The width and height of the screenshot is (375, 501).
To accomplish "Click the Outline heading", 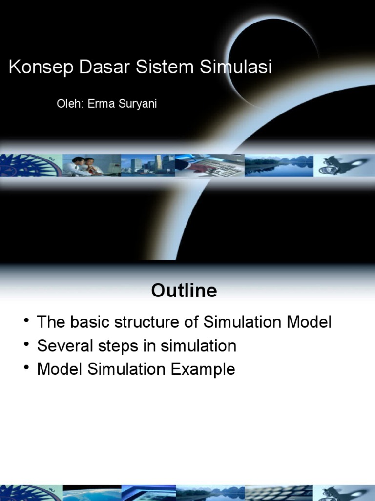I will tap(184, 291).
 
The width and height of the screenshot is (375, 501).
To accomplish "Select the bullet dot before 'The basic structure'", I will tap(25, 320).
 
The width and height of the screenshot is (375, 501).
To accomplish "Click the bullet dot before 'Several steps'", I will tap(25, 344).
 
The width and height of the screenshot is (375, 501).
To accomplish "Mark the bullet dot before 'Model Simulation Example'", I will tap(25, 367).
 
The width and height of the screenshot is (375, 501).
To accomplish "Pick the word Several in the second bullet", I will tap(64, 346).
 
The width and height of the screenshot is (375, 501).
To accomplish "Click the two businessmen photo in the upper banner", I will tap(91, 165).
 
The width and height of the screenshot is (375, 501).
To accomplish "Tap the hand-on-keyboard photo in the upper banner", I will tap(209, 165).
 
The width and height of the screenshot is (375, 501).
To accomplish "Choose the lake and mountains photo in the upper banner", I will tap(278, 165).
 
